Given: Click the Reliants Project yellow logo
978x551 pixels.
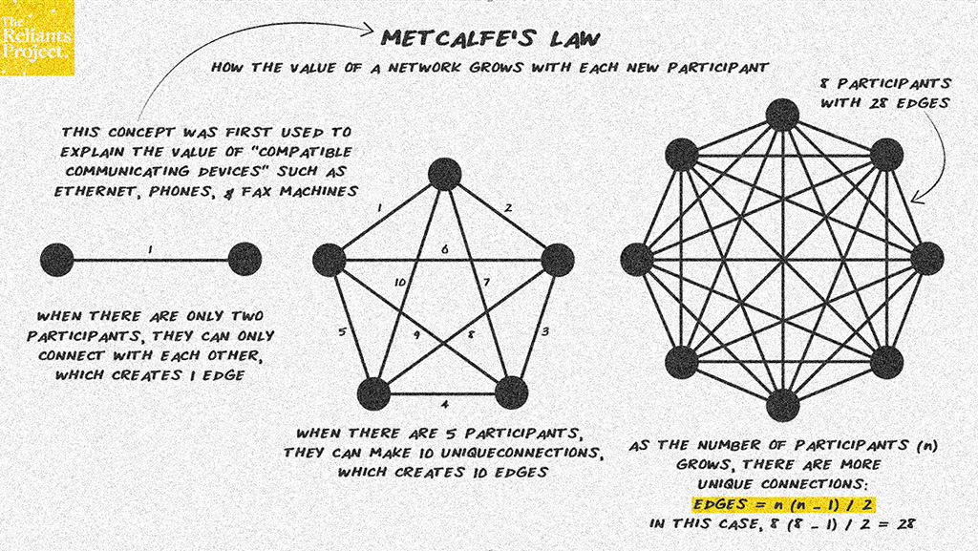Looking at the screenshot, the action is click(37, 37).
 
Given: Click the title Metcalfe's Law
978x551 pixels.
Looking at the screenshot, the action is click(490, 38).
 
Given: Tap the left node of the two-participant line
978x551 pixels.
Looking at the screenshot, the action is click(56, 260).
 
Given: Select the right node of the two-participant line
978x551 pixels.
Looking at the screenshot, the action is click(244, 260).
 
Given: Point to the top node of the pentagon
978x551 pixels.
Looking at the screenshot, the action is click(445, 174).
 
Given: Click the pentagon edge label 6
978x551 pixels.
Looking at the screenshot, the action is click(445, 248).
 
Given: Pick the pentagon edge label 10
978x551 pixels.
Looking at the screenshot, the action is click(400, 283).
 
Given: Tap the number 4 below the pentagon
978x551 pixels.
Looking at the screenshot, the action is click(445, 405).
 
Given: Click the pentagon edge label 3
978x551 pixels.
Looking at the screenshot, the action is click(544, 331).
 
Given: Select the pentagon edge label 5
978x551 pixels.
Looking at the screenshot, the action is click(342, 331).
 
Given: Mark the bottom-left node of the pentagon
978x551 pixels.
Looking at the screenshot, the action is click(373, 394).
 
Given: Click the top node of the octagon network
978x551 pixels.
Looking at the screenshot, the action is click(782, 115).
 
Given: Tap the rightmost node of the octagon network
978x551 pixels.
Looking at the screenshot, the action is click(927, 259).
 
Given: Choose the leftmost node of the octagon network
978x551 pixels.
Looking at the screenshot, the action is click(637, 259).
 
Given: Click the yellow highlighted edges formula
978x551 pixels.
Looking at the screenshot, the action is click(783, 503).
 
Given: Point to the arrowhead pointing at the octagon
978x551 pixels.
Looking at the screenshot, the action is click(916, 198).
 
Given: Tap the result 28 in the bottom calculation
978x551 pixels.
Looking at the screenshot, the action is click(905, 523).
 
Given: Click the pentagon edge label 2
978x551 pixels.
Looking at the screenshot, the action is click(508, 207).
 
